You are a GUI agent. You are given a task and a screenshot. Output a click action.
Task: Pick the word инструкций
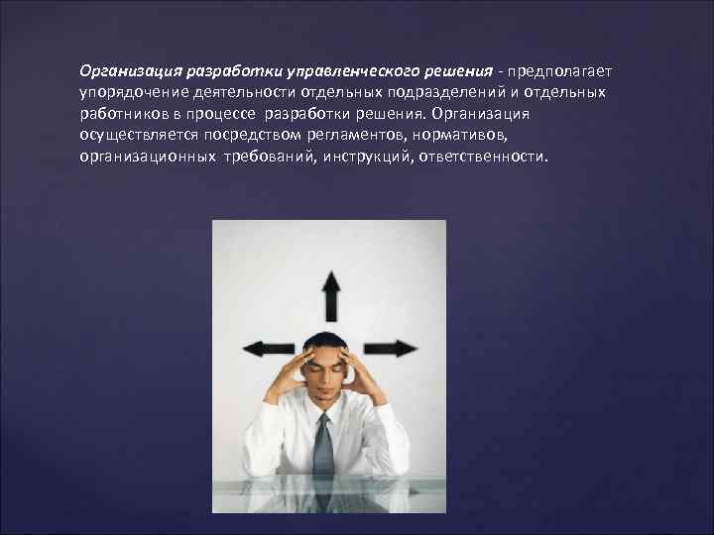pos(362,157)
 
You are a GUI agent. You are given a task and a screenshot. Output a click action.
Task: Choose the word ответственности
pos(483,157)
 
